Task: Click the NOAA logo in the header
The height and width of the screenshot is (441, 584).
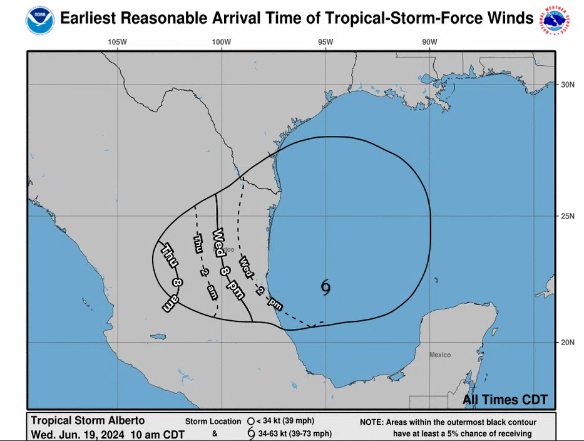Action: point(40,19)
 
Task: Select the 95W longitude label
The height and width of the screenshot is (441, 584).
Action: point(325,43)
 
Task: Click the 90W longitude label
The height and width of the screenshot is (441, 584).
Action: point(429,43)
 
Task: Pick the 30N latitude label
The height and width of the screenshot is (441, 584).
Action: point(567,85)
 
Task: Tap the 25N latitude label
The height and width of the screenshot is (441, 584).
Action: point(567,217)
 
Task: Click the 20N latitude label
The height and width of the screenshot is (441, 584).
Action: point(567,343)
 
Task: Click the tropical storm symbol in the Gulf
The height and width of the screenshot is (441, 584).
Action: point(325,287)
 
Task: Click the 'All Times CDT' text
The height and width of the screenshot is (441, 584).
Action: point(505,400)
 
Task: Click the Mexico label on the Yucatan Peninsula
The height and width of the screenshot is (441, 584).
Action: point(439,355)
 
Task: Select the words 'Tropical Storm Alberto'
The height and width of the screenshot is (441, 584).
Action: point(88,420)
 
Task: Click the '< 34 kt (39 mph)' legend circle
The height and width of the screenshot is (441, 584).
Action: point(250,421)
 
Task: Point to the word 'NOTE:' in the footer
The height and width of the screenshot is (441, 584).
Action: point(372,422)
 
